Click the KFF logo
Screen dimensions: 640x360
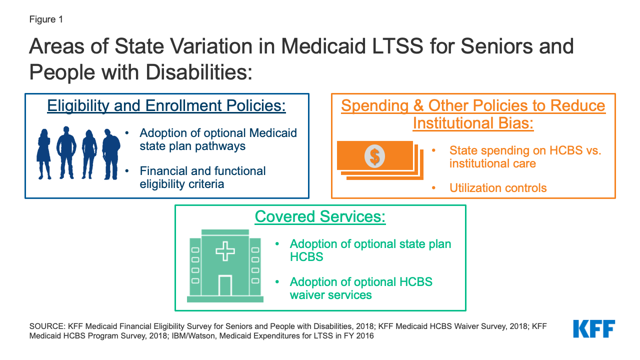pos(594,329)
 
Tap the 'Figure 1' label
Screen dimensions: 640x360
pos(46,19)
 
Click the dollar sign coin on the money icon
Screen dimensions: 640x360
pos(374,156)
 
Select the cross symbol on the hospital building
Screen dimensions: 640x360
pos(225,251)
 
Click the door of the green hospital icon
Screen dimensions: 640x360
pos(225,285)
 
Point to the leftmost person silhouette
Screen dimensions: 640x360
pos(44,154)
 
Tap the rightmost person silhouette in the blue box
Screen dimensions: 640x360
pos(111,154)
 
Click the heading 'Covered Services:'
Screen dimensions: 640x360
pos(320,216)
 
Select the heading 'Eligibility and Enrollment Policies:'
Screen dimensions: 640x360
pos(166,105)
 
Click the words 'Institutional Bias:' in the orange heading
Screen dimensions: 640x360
pos(473,123)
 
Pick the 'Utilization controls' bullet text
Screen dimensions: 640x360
pos(498,188)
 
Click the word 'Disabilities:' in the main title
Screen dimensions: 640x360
pos(199,72)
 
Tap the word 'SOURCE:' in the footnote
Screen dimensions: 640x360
pos(47,326)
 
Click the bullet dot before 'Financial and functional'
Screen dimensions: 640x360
pos(127,171)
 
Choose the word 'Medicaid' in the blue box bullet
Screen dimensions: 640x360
pos(273,133)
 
